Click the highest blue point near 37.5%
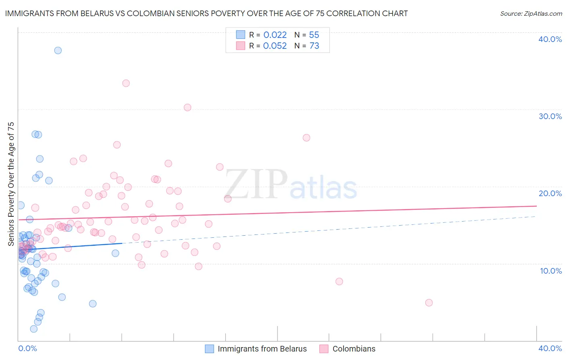click(x=58, y=50)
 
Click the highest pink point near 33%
click(x=126, y=83)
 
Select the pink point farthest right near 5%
click(x=429, y=303)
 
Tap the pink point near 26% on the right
click(x=306, y=138)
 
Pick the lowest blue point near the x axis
click(x=34, y=329)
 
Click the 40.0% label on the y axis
click(x=550, y=39)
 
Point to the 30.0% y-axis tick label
click(x=550, y=116)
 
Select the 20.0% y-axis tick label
click(x=550, y=193)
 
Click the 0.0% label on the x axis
click(x=27, y=348)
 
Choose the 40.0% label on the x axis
click(x=550, y=348)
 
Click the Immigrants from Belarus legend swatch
click(x=209, y=349)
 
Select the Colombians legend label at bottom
click(x=354, y=349)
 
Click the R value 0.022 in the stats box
click(x=275, y=35)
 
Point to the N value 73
click(x=314, y=46)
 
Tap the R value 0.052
click(x=275, y=46)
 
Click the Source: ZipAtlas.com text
click(x=531, y=14)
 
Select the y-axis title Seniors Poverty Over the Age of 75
click(x=11, y=184)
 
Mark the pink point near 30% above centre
click(x=188, y=107)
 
